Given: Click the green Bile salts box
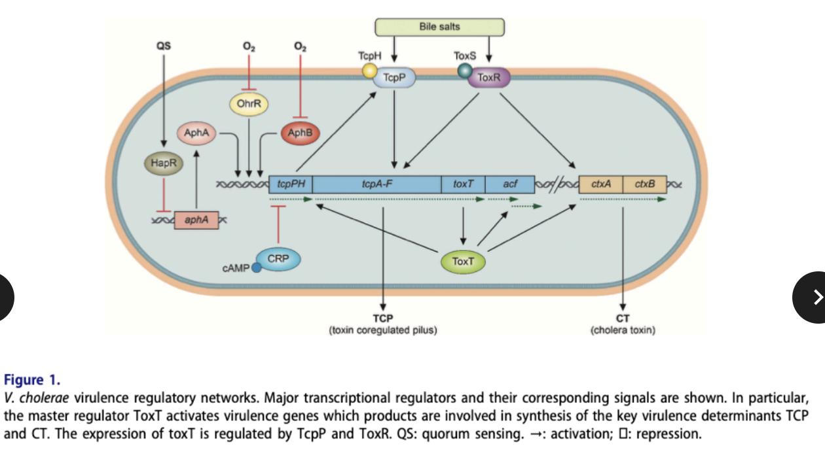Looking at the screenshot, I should [439, 27].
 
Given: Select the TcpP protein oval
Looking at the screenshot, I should [394, 78].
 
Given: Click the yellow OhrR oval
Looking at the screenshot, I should [249, 103].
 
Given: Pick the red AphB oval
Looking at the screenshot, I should [300, 133].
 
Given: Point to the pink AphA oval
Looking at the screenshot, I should [196, 133].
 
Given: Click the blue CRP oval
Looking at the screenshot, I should [278, 260].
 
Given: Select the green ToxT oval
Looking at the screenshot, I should [463, 262].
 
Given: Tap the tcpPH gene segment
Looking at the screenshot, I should [291, 184].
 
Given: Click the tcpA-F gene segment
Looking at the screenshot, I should [377, 184].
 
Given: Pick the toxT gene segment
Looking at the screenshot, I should [463, 184].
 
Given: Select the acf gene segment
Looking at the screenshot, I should [510, 184].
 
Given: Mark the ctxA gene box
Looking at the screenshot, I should [600, 184].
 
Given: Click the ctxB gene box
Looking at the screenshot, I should [644, 184].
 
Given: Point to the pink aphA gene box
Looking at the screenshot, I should [196, 220].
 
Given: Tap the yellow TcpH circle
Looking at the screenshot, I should [371, 70].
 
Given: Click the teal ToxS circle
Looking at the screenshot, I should [465, 70].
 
